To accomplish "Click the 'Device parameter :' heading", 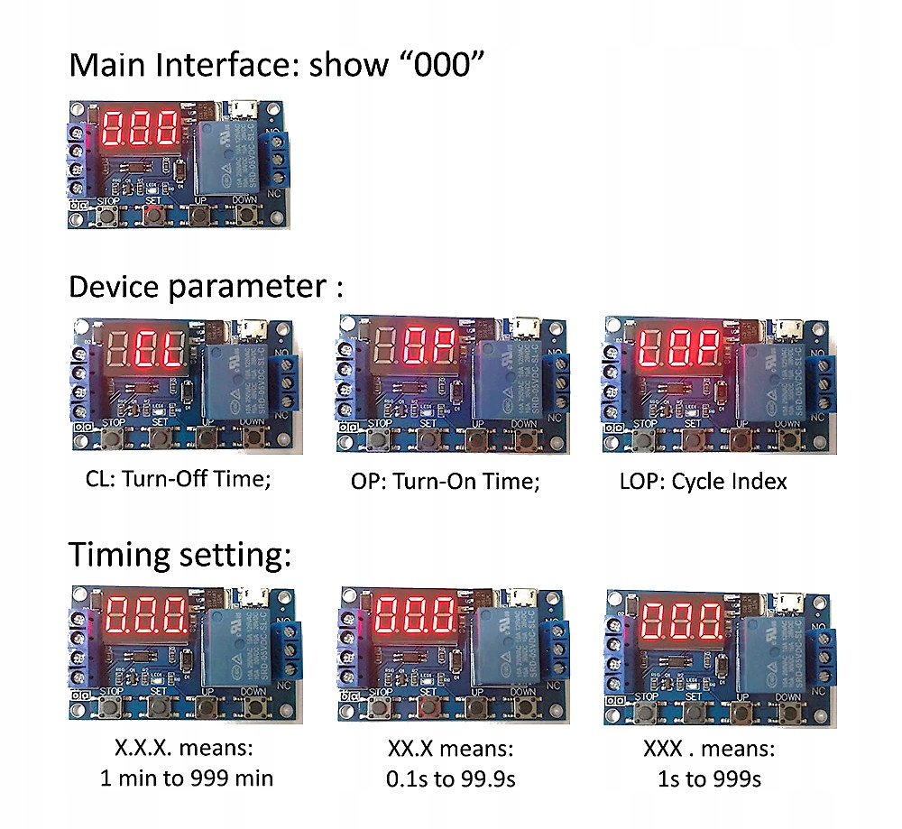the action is coord(206,287).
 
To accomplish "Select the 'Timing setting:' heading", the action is coord(180,553).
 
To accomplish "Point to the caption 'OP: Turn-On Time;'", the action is coord(446,482).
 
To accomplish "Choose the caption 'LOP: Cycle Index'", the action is coord(703,481).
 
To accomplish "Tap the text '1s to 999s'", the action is coord(709,778).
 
